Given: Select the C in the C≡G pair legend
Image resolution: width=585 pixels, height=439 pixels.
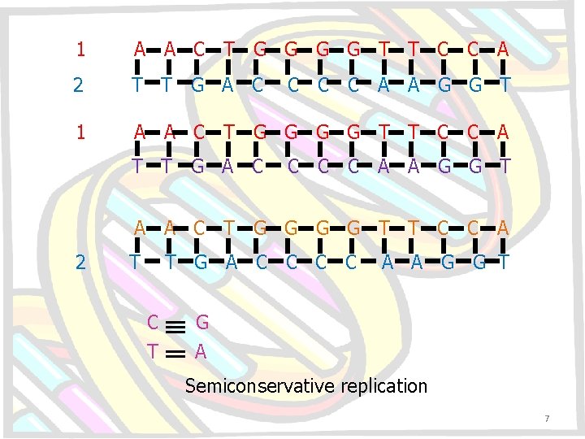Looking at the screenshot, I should pyautogui.click(x=153, y=323).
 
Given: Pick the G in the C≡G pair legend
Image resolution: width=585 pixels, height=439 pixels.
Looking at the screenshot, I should pyautogui.click(x=202, y=323).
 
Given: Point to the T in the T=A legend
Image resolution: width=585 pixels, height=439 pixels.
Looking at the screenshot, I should pyautogui.click(x=153, y=351).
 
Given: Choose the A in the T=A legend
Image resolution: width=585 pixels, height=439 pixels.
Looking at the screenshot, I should pyautogui.click(x=201, y=351).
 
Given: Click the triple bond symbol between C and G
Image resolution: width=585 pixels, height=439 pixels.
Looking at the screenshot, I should pyautogui.click(x=178, y=324).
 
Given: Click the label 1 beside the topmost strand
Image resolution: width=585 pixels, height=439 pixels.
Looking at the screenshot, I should pyautogui.click(x=80, y=50).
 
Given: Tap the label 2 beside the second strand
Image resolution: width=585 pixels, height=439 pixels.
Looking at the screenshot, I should pyautogui.click(x=78, y=85).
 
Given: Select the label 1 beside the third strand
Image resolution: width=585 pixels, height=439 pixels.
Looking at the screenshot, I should pyautogui.click(x=80, y=132).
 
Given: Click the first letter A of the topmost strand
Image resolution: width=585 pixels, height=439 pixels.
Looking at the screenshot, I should pyautogui.click(x=141, y=50).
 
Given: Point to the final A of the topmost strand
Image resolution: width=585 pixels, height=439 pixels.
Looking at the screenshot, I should pyautogui.click(x=504, y=50).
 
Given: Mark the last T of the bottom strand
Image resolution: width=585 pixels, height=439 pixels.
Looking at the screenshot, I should pyautogui.click(x=504, y=262).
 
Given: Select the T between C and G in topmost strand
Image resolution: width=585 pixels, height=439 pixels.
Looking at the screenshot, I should pyautogui.click(x=230, y=50).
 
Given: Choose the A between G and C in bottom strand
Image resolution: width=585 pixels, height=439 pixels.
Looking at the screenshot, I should pyautogui.click(x=231, y=262).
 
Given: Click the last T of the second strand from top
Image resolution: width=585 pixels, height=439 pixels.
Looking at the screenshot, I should pyautogui.click(x=505, y=85).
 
